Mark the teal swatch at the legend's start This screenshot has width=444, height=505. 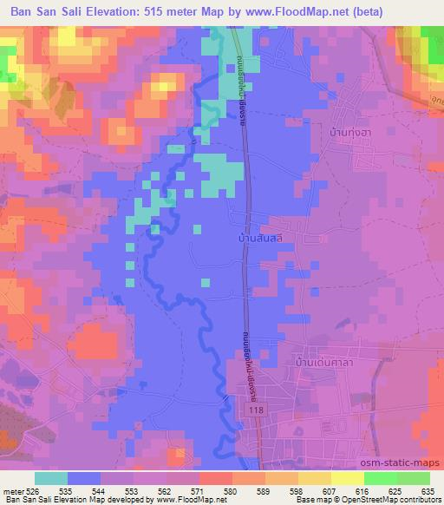click(x=51, y=478)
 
